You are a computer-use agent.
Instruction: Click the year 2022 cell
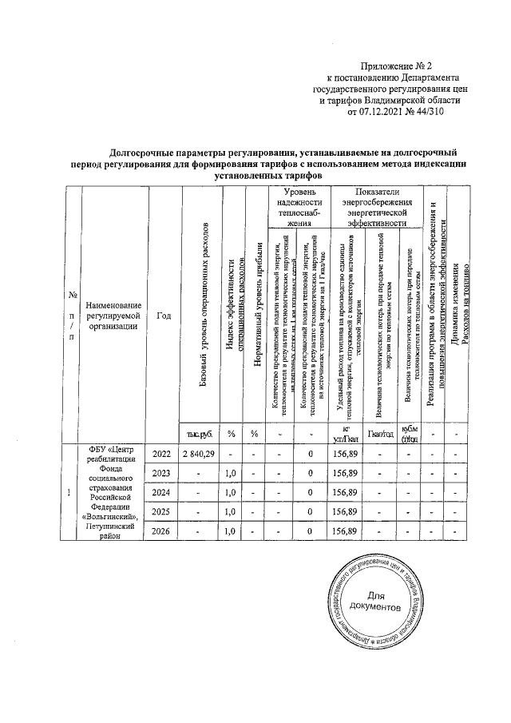click(162, 454)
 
